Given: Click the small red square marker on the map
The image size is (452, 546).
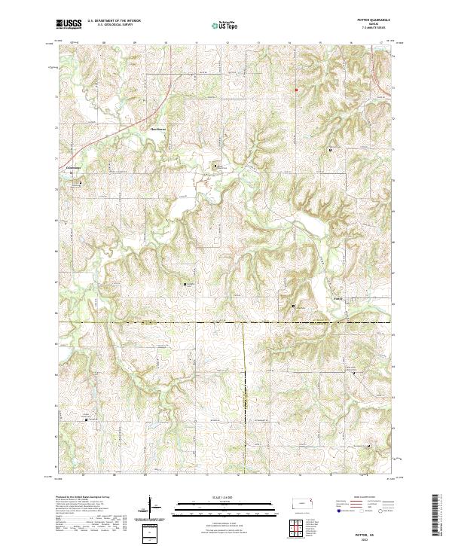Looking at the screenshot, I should pos(296,90).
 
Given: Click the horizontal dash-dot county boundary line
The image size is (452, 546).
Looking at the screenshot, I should pos(151,324).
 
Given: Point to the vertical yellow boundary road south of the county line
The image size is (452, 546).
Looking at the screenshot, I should pos(244,392).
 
